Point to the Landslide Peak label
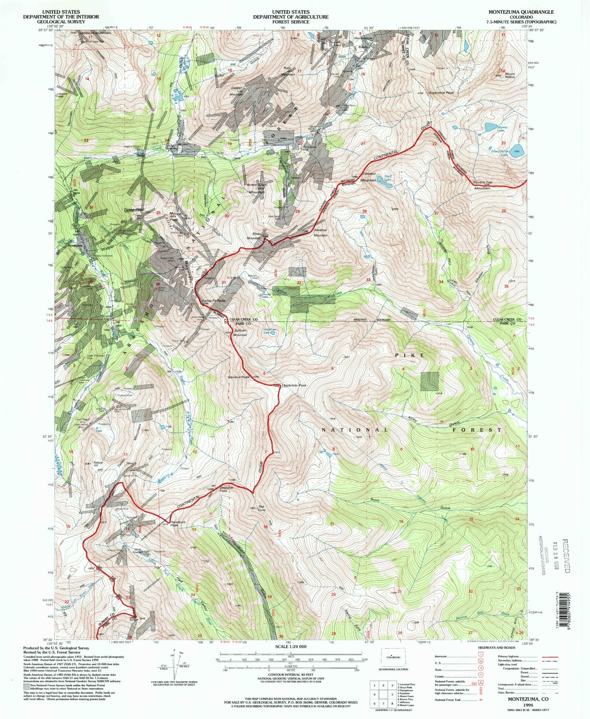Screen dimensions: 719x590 pyautogui.click(x=294, y=385)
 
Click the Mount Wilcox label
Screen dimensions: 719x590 pyautogui.click(x=510, y=76)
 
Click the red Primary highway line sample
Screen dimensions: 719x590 pyautogui.click(x=549, y=657)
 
